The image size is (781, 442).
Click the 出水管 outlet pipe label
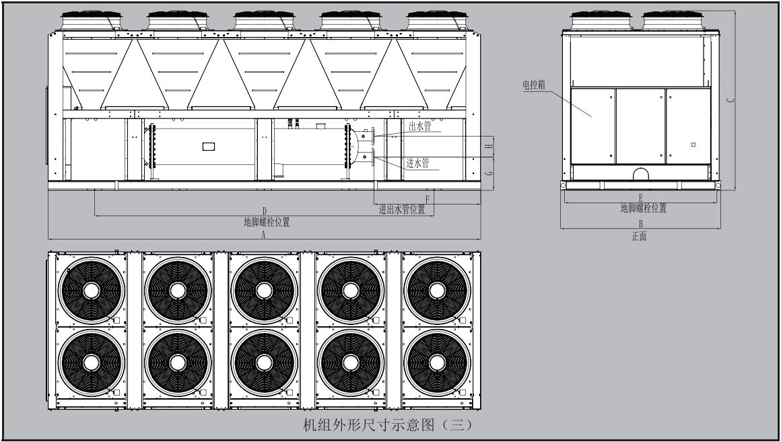(x=419, y=126)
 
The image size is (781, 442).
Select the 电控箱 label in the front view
(x=533, y=85)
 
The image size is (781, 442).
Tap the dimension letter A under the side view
(x=264, y=235)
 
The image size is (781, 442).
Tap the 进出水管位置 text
(x=402, y=209)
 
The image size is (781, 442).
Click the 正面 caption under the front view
(x=639, y=236)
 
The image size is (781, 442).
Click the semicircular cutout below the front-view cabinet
(x=640, y=174)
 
